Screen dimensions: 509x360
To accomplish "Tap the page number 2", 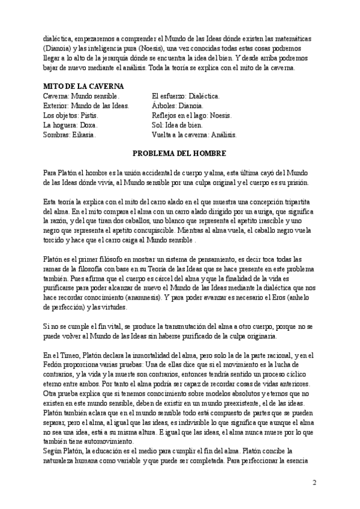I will coord(314,483).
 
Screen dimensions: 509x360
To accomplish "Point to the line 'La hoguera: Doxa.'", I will coord(71,125).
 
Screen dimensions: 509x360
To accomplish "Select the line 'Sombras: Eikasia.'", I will coord(70,135).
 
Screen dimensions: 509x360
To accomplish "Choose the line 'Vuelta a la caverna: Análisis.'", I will coord(194,135).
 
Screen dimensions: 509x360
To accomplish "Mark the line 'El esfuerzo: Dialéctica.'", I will coord(186,96).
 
